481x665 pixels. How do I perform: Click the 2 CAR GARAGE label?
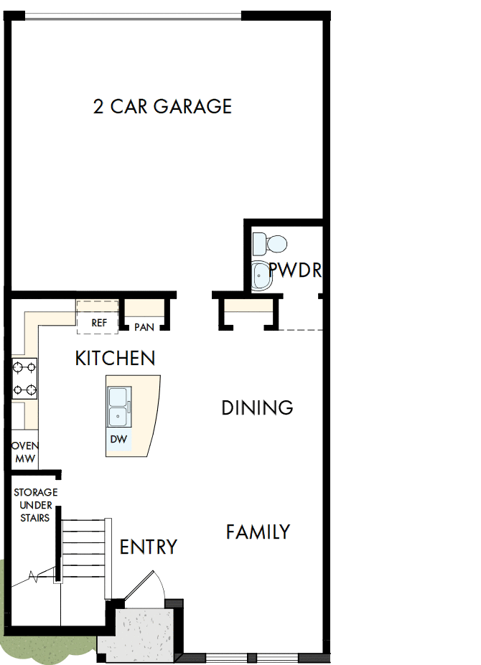(x=162, y=107)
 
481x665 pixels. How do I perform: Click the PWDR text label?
(x=294, y=270)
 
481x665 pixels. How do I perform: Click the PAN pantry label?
(x=144, y=327)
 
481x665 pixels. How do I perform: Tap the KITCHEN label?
(x=115, y=358)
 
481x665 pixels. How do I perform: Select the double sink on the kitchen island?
(x=119, y=407)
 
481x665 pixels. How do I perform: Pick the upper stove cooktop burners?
(x=24, y=368)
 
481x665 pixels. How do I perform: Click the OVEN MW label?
(x=24, y=452)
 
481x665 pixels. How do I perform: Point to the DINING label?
(x=257, y=408)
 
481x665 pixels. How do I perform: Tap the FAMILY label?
(x=258, y=532)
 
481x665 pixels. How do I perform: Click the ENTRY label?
(x=148, y=547)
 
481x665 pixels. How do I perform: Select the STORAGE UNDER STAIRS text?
(x=35, y=505)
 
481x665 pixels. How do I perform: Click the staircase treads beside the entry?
(x=85, y=552)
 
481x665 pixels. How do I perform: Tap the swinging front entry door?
(x=147, y=585)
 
